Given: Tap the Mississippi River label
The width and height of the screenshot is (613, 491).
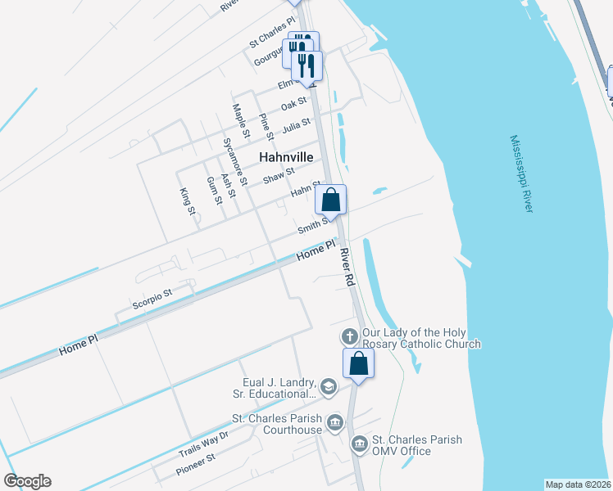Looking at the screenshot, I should pos(520,174).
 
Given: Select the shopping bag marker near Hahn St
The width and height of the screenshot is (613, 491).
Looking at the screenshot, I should pos(330,200).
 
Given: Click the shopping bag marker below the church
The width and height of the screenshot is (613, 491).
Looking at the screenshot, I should pos(358,363).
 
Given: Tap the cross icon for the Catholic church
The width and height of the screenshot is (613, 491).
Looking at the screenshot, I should pos(349,336).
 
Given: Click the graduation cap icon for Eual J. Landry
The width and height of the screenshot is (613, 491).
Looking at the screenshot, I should pos(329,386).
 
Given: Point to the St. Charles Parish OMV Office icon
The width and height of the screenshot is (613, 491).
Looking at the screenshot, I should pos(359,444).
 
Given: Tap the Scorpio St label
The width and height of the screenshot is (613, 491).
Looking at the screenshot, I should pos(152,299).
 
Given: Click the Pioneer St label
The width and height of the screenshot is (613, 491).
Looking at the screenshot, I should pos(195,466).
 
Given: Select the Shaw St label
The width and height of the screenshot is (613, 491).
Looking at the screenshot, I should pos(279,174).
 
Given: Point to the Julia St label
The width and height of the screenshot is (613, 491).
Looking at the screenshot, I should pos(296,128).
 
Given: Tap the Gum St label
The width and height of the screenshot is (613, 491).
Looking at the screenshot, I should pos(214,191).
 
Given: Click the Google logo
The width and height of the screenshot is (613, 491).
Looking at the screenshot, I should pos(27,481).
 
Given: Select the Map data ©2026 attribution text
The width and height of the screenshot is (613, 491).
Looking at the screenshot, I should pos(578,484).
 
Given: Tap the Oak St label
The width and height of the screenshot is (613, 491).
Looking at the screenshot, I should pos(293,105).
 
